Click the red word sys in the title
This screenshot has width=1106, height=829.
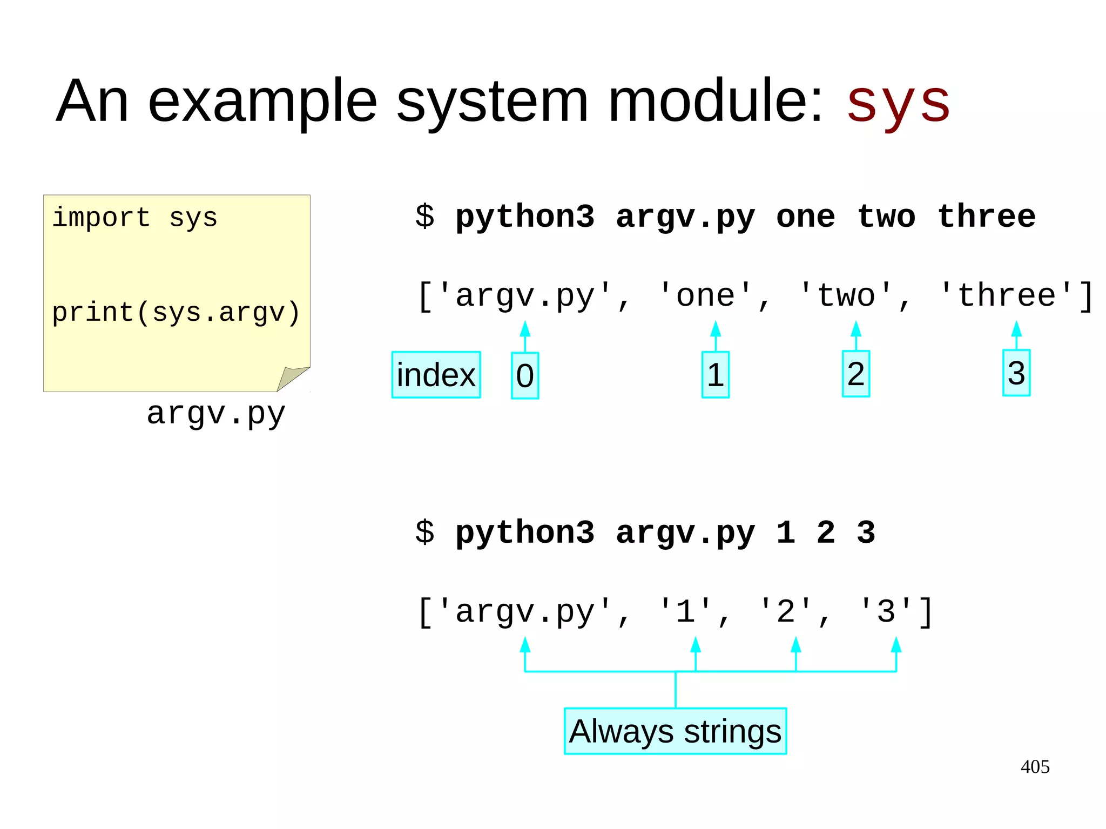tap(898, 103)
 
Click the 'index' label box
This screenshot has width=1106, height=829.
tap(436, 375)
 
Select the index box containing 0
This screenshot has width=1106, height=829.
tap(525, 376)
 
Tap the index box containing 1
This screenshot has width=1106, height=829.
tap(716, 375)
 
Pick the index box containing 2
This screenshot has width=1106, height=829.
tap(856, 374)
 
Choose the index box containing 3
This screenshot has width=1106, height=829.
tap(1016, 373)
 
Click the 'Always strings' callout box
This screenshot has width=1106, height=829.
tap(675, 731)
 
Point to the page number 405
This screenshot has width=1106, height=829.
tap(1035, 767)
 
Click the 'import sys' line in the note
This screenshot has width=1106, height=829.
tap(134, 218)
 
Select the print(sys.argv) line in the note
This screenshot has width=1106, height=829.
tap(176, 313)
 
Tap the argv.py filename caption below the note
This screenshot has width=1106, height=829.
tap(216, 414)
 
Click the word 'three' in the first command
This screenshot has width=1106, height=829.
tap(987, 217)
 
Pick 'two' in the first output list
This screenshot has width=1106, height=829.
tap(846, 296)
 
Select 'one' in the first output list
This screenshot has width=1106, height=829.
tap(706, 296)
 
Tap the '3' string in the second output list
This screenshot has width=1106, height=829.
tap(886, 612)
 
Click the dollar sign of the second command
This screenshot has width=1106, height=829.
tap(425, 533)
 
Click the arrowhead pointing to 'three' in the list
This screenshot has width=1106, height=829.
tap(1016, 328)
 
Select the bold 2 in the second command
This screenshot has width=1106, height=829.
tap(826, 533)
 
